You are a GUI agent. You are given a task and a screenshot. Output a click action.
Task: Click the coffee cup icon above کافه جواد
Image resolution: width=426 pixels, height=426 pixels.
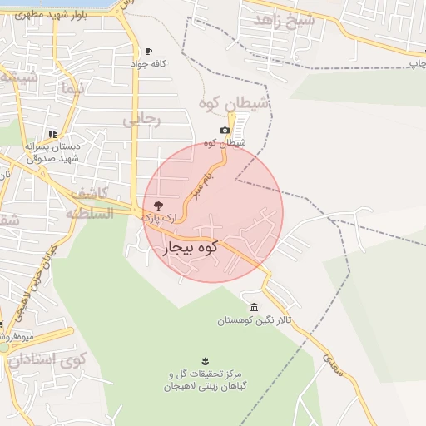pyautogui.click(x=149, y=51)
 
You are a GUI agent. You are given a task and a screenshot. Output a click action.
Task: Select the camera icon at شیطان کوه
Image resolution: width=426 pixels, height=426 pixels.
pyautogui.click(x=225, y=131)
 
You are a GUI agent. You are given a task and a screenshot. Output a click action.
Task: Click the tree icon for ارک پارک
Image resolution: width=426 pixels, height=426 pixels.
pyautogui.click(x=158, y=205)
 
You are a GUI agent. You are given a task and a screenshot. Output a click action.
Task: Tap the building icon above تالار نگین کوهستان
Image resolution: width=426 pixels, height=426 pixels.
pyautogui.click(x=254, y=307)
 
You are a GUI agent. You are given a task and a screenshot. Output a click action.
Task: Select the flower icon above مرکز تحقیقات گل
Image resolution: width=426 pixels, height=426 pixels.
pyautogui.click(x=204, y=359)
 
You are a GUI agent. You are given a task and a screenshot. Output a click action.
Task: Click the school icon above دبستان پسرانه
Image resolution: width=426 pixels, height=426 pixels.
pyautogui.click(x=52, y=133)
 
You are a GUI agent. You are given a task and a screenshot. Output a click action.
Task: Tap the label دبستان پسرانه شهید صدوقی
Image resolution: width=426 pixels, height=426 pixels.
pyautogui.click(x=52, y=151)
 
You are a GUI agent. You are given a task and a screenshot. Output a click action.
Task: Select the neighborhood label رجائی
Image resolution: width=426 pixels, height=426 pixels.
pyautogui.click(x=141, y=119)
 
